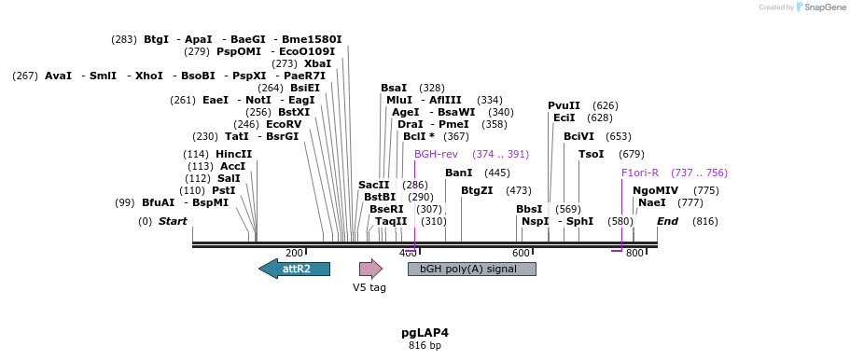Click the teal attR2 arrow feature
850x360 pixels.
coord(294,269)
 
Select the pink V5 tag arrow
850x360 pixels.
coord(370,269)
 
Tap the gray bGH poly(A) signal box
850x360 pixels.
coord(471,269)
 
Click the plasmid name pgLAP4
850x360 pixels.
coord(425,332)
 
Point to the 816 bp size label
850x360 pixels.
coord(425,346)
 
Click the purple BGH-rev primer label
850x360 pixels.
coord(436,154)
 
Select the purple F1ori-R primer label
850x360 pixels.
coord(640,173)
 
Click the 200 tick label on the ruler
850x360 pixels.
coord(294,254)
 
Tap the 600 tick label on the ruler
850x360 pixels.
coord(521,254)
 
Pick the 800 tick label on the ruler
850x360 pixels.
coord(634,254)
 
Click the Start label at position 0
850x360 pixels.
coord(173,221)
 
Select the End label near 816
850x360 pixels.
coord(667,221)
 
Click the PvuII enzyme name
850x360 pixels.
coord(564,105)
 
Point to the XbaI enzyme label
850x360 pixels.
coord(317,63)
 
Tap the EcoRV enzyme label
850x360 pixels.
coord(284,124)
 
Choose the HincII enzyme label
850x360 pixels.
coord(233,154)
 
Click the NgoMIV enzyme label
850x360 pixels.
coord(655,190)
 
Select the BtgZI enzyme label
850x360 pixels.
coord(477,190)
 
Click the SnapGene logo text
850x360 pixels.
coord(825,7)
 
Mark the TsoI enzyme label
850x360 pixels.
coord(591,154)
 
